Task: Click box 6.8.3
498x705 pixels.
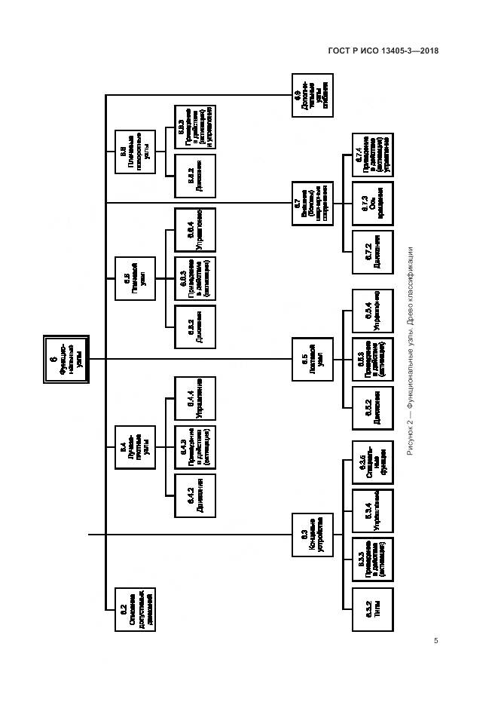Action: (195, 126)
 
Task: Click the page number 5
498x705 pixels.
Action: (435, 641)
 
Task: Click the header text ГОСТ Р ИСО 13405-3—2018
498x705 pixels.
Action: (383, 51)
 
